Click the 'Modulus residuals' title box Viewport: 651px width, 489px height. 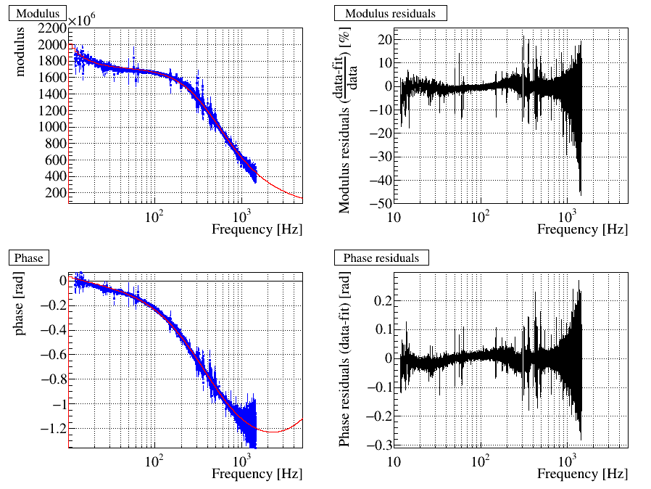(390, 13)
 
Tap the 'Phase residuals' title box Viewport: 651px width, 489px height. (381, 258)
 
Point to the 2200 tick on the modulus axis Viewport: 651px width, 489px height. (54, 28)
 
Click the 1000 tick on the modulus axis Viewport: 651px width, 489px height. (54, 126)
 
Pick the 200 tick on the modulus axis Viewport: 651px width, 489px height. (57, 193)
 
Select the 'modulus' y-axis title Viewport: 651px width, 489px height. (21, 54)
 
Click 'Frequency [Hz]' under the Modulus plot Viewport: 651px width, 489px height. (257, 229)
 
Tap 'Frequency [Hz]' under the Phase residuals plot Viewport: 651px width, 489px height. (582, 474)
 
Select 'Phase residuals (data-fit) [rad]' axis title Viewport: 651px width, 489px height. (345, 360)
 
